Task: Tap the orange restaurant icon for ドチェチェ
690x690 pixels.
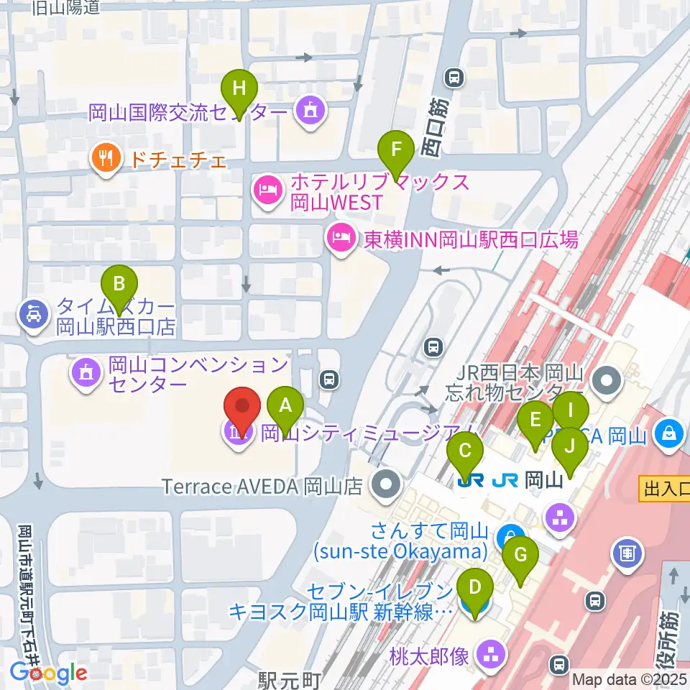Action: pos(106,159)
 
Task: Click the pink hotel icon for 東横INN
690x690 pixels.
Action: pos(340,237)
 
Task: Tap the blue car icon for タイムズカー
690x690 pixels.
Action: pos(34,314)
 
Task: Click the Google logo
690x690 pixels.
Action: pos(48,673)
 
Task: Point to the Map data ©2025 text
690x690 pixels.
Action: pos(630,679)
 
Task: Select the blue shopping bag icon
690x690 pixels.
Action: pos(669,435)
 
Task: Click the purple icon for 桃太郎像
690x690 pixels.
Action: pos(492,655)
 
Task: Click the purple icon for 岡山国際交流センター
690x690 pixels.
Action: pos(310,111)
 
